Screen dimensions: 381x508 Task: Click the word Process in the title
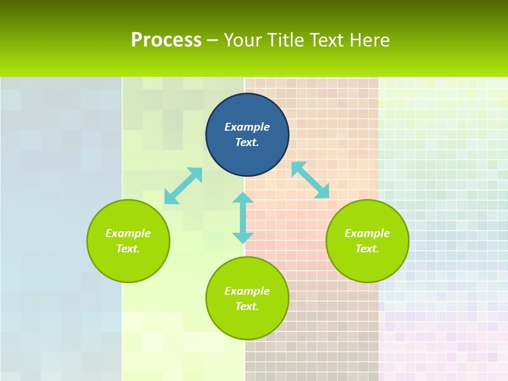(x=166, y=40)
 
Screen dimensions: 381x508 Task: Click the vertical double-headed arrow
(x=243, y=217)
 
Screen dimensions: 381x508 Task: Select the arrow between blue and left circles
(x=183, y=186)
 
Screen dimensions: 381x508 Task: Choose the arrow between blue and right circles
(x=310, y=180)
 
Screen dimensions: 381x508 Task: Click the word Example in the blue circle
(x=247, y=127)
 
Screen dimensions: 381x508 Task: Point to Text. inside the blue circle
(x=247, y=142)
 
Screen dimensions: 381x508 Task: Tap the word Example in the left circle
(x=128, y=233)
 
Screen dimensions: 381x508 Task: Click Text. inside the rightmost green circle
(x=367, y=249)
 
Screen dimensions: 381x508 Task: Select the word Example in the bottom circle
(x=247, y=291)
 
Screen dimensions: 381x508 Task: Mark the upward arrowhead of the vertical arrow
(x=243, y=197)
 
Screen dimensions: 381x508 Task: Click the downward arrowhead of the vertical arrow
(x=243, y=238)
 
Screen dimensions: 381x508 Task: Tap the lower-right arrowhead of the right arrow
(x=323, y=192)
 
